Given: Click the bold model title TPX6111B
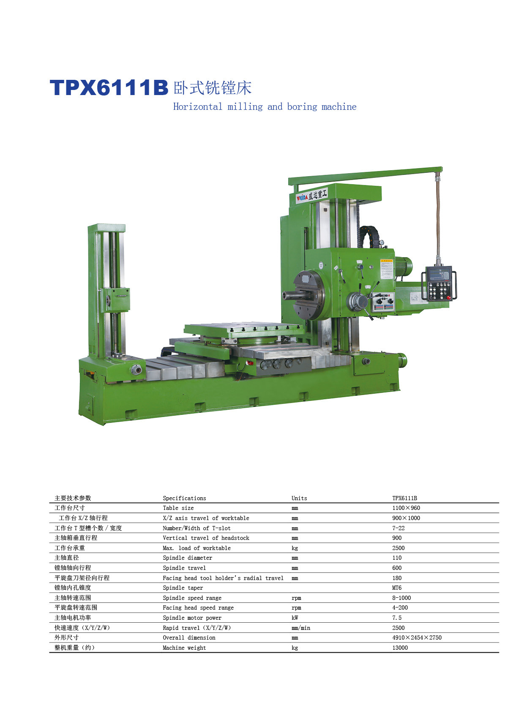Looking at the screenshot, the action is coord(109,87).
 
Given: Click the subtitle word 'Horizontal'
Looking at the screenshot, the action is coord(197,106).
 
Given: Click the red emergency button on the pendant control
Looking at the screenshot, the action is coord(449,297).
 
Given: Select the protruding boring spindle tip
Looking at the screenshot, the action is coord(289,295).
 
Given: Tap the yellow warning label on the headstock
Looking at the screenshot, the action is coord(387,269).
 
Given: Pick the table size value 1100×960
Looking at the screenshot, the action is coord(406,508).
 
